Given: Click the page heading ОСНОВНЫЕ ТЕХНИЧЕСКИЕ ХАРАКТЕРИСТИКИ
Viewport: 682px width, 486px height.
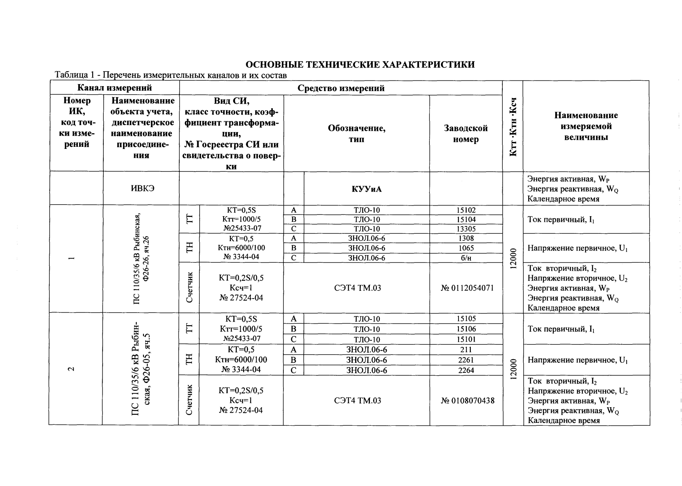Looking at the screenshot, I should (x=360, y=64).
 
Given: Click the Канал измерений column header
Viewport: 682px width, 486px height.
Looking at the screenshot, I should (x=114, y=88).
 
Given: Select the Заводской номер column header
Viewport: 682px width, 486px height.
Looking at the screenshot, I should (x=466, y=134).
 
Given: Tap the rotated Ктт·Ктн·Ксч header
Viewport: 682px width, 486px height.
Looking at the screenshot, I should (x=513, y=126).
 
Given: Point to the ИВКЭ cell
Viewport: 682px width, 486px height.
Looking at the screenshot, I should (x=141, y=189).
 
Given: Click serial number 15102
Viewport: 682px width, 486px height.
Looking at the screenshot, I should (x=466, y=210).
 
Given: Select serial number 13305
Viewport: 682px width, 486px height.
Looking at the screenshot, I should (x=466, y=229).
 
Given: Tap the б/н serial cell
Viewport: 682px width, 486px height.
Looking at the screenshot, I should (x=466, y=258).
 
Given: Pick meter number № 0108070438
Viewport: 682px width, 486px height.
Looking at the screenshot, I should (x=467, y=400).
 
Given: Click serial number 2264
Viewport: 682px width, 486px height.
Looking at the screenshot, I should (x=466, y=370).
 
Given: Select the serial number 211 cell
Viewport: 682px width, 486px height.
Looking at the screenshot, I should (x=466, y=350).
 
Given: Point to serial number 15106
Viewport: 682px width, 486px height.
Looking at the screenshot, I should (x=466, y=329).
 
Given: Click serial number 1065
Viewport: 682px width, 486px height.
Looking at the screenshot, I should (x=466, y=248).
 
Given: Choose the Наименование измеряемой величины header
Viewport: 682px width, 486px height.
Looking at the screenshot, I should (x=586, y=126).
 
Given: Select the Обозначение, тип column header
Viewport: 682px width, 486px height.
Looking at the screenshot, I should (x=356, y=134).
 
